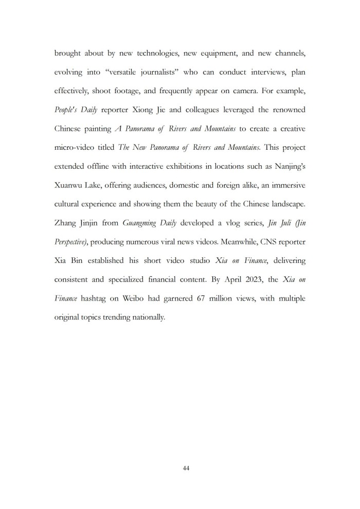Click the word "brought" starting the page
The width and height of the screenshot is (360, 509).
coord(68,53)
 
